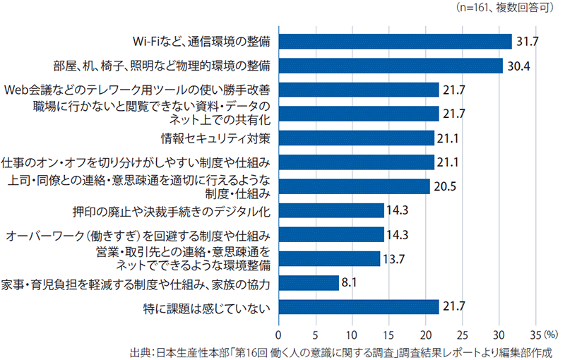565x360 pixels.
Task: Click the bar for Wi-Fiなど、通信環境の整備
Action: coord(395,42)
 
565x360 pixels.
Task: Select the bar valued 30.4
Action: coord(390,66)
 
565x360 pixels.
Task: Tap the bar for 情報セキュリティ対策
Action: coord(356,138)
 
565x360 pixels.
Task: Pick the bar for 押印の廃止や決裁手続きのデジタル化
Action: coord(331,210)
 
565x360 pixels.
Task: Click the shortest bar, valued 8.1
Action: coord(308,283)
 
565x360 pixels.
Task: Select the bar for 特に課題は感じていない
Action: coord(358,307)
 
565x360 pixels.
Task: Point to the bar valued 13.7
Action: coord(328,258)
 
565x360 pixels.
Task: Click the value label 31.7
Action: coord(527,42)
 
